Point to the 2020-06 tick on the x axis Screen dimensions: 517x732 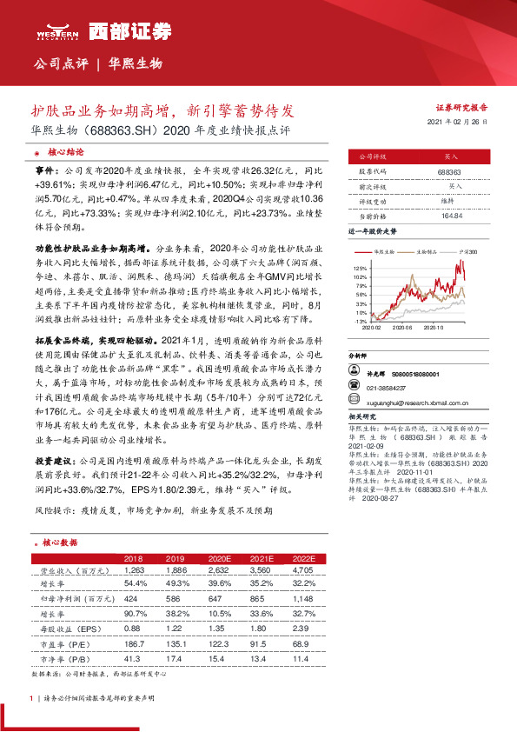click(401, 328)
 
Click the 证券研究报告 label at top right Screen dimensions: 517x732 click(461, 108)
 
